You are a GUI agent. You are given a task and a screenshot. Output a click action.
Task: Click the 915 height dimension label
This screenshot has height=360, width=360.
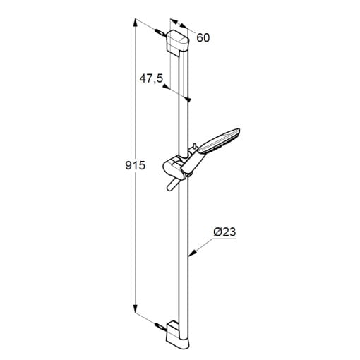coord(136,166)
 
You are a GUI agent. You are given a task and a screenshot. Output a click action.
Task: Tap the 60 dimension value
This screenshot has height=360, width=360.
coord(203,37)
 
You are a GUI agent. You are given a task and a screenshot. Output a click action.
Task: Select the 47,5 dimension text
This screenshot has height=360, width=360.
coord(151,78)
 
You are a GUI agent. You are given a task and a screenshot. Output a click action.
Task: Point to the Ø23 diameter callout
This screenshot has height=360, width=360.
coord(224,232)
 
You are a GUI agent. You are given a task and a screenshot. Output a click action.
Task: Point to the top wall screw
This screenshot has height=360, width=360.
coord(160,32)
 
